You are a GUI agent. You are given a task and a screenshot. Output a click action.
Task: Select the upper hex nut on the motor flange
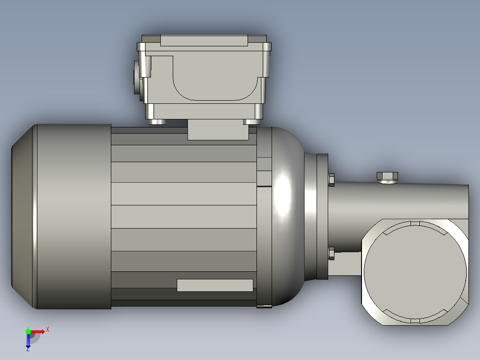[x=331, y=180]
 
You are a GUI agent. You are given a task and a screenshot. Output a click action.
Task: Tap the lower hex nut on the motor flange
[x=331, y=253]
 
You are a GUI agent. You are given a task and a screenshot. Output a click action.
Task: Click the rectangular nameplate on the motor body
[x=215, y=285]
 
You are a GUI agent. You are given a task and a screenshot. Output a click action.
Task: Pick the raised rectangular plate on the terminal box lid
[x=204, y=40]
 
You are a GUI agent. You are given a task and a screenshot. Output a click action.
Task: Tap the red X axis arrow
[x=38, y=331]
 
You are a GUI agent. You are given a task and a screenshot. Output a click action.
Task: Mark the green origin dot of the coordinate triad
[x=28, y=331]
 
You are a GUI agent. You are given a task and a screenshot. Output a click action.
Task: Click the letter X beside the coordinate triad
[x=48, y=329]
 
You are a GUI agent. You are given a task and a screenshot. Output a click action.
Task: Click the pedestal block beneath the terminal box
[x=218, y=130]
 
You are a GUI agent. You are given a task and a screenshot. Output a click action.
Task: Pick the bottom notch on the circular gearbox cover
[x=415, y=320]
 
